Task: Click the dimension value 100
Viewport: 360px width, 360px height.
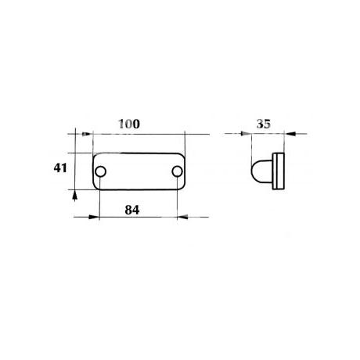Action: (x=129, y=124)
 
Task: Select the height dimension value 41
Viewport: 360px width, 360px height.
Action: (x=60, y=167)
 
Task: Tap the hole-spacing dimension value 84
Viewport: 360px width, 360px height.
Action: (x=132, y=210)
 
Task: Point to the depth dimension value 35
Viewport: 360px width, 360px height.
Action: (x=264, y=124)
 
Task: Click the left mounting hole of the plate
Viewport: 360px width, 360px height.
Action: (x=100, y=171)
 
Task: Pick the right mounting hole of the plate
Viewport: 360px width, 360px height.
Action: (x=177, y=171)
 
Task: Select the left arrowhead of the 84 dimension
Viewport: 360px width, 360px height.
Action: (x=94, y=217)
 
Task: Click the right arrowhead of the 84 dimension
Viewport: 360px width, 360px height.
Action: (x=182, y=217)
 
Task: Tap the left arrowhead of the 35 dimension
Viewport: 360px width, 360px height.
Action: (x=246, y=134)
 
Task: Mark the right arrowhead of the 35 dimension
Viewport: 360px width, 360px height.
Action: (x=290, y=134)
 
